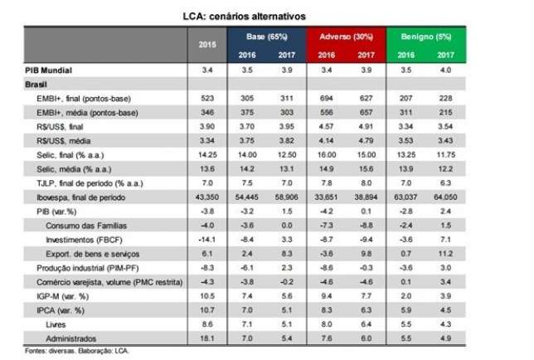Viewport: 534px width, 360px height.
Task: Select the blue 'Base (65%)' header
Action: click(267, 37)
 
